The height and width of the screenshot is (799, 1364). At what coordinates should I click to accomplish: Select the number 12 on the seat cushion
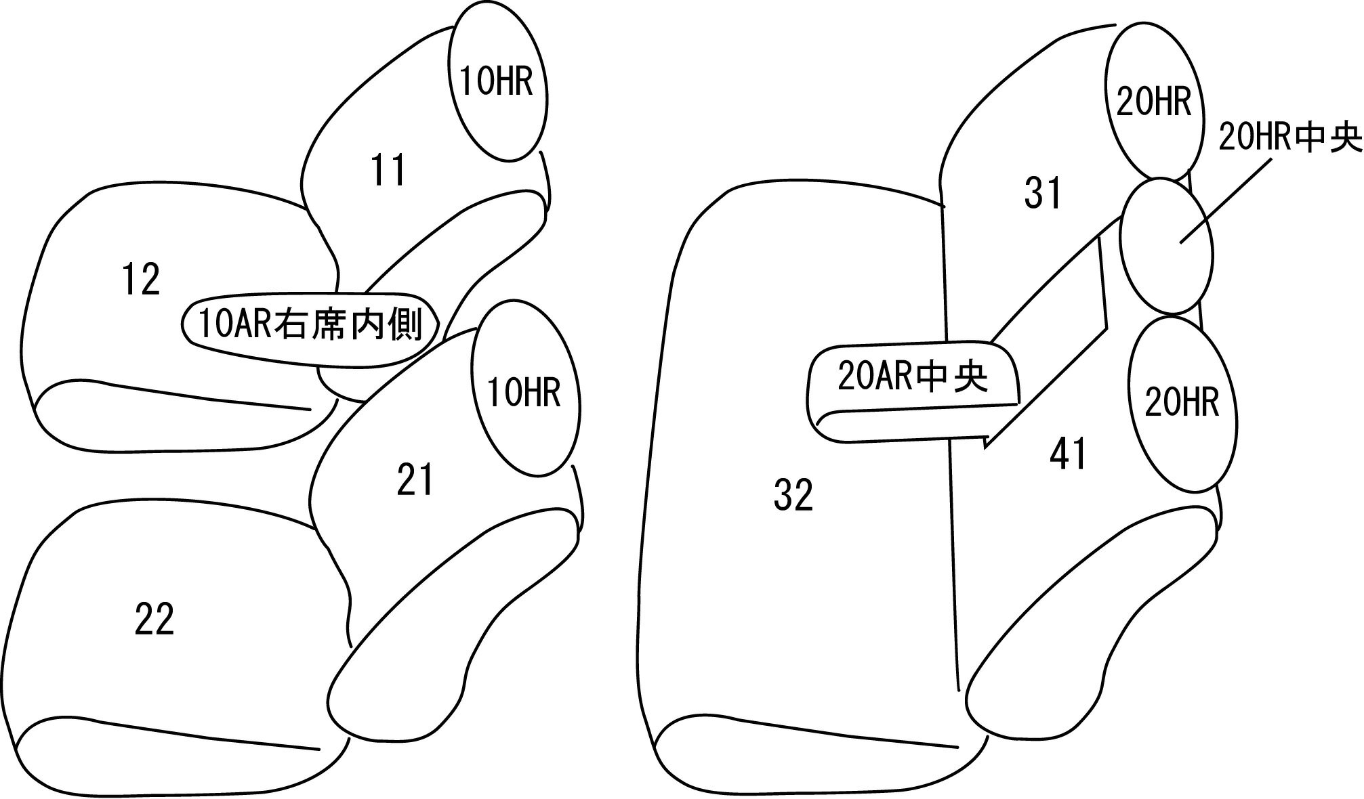click(141, 279)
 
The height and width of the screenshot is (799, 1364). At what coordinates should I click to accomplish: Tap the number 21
click(414, 480)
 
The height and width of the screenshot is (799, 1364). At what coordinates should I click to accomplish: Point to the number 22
click(154, 619)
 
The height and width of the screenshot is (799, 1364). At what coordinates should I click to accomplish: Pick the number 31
click(1042, 193)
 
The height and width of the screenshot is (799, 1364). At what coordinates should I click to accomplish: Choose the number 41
click(1068, 454)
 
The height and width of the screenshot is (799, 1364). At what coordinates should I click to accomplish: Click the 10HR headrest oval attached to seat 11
click(497, 82)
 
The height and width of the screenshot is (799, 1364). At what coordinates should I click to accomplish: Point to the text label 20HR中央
click(1289, 138)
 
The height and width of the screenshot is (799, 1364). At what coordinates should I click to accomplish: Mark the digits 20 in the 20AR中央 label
click(851, 378)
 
